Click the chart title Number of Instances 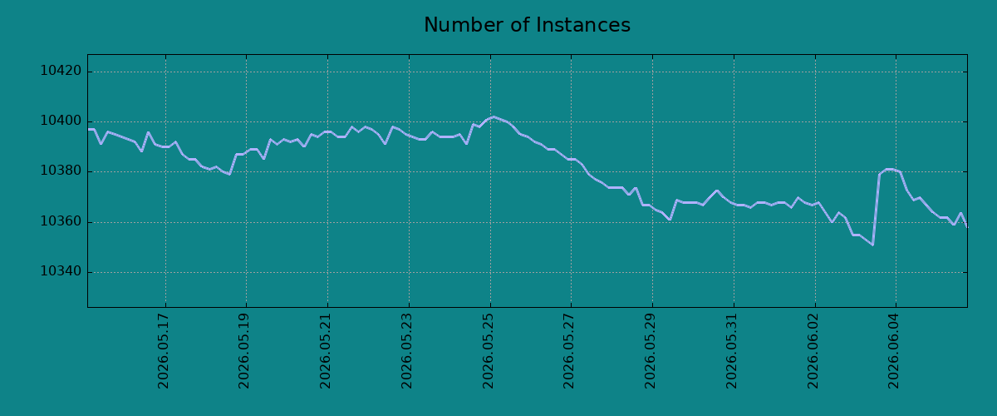[x=527, y=25]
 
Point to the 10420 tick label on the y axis [x=61, y=71]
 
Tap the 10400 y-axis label [x=61, y=121]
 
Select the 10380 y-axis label [x=61, y=171]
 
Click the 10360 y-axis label [x=61, y=221]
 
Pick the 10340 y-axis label [x=61, y=271]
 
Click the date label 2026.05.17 [x=164, y=351]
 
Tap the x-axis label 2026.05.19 [x=244, y=351]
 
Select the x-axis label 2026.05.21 [x=326, y=351]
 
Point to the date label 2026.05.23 [x=407, y=351]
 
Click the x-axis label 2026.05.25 [x=489, y=351]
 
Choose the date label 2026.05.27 [x=569, y=351]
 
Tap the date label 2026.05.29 [x=651, y=351]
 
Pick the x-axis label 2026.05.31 [x=732, y=351]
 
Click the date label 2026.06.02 [x=813, y=351]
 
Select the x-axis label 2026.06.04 [x=894, y=351]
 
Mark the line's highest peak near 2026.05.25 [x=494, y=116]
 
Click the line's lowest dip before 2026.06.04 [x=873, y=245]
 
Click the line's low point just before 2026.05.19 [x=229, y=175]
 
